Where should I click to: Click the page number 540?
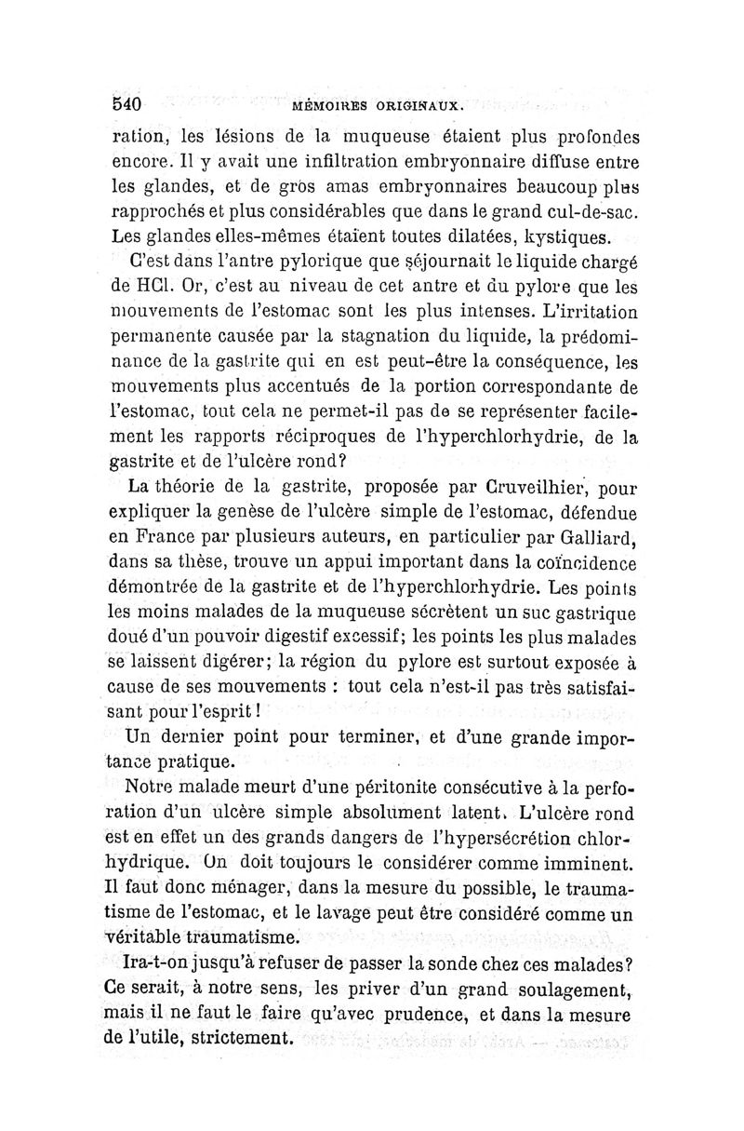pyautogui.click(x=125, y=103)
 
